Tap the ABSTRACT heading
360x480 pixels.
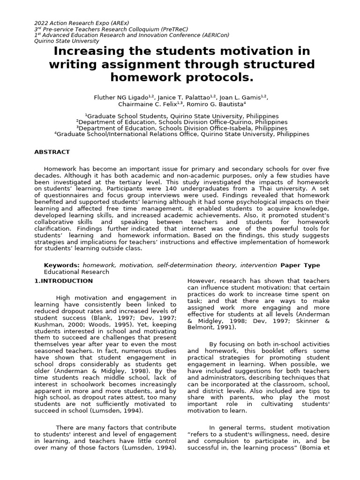[x=52, y=152]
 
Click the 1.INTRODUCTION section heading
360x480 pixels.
[x=64, y=281]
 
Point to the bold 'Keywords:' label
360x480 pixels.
[x=62, y=265]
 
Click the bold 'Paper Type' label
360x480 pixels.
[x=300, y=265]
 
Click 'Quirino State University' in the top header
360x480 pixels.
[x=67, y=41]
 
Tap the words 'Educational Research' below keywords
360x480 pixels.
[x=76, y=272]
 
